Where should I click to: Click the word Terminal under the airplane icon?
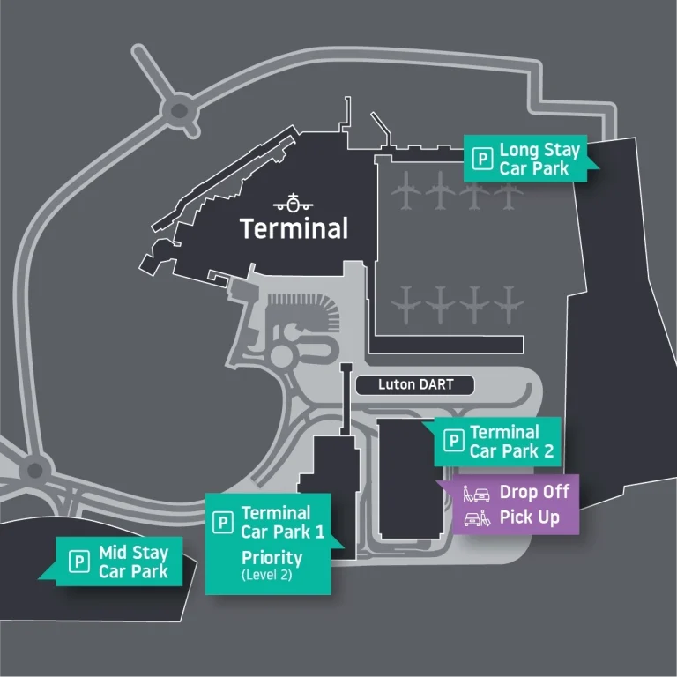pyautogui.click(x=294, y=229)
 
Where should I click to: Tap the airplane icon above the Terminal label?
pyautogui.click(x=293, y=203)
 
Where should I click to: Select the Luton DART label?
pyautogui.click(x=414, y=385)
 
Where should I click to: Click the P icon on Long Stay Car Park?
pyautogui.click(x=482, y=159)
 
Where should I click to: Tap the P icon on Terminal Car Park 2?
pyautogui.click(x=454, y=441)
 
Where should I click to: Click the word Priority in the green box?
pyautogui.click(x=272, y=558)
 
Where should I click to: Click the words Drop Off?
pyautogui.click(x=534, y=492)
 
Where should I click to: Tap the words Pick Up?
pyautogui.click(x=529, y=517)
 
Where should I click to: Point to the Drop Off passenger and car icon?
pyautogui.click(x=476, y=494)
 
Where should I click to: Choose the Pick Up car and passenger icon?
pyautogui.click(x=476, y=518)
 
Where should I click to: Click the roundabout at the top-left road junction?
pyautogui.click(x=179, y=110)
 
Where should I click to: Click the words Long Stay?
pyautogui.click(x=539, y=150)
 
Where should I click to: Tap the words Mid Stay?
pyautogui.click(x=133, y=554)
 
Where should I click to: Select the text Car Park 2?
pyautogui.click(x=511, y=451)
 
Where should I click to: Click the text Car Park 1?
pyautogui.click(x=282, y=532)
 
